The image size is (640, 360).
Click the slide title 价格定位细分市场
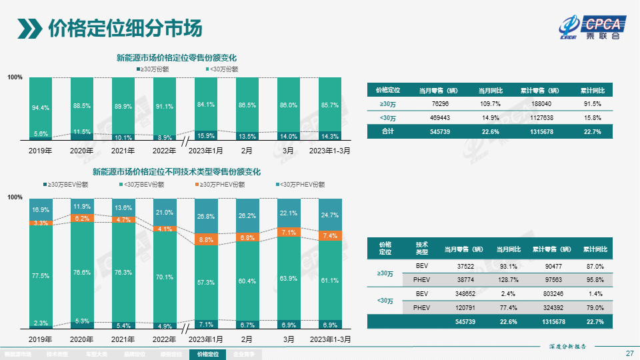(125, 29)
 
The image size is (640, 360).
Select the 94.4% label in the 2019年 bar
(41, 107)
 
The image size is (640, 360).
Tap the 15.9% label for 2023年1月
(206, 136)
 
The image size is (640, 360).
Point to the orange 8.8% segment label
(206, 239)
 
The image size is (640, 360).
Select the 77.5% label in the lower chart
(41, 275)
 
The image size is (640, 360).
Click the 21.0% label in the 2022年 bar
(164, 213)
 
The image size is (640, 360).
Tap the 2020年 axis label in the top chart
(81, 151)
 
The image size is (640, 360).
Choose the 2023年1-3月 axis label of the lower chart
(329, 339)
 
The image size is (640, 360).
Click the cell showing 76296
(440, 104)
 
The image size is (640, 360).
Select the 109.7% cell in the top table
(490, 104)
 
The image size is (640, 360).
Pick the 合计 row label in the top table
(387, 131)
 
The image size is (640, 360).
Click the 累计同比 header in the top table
(591, 90)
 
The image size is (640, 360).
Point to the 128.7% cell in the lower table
(508, 279)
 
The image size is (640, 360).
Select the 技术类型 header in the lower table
(421, 249)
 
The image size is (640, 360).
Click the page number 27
(629, 353)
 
